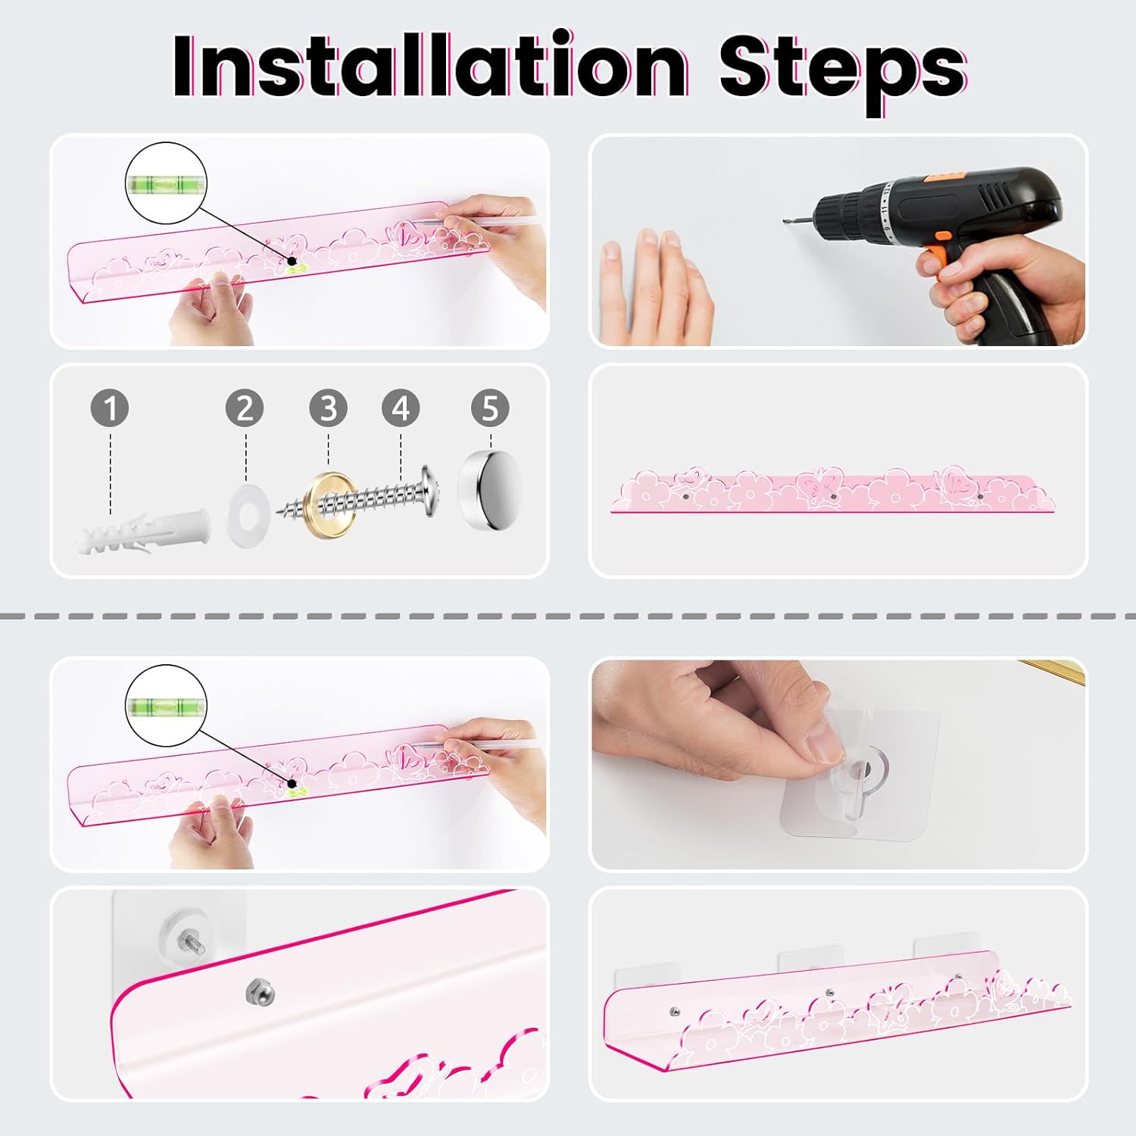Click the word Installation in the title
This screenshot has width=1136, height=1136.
click(430, 66)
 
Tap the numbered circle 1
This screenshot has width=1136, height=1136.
click(110, 408)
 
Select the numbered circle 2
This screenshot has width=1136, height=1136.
click(245, 408)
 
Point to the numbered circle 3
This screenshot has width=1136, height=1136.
click(328, 408)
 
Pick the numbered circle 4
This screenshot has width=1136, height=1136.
click(401, 408)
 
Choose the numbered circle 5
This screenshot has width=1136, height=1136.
click(490, 408)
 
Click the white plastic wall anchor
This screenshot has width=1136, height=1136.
click(142, 531)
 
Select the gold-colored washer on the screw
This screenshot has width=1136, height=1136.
click(331, 506)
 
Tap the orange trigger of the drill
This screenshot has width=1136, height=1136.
click(936, 254)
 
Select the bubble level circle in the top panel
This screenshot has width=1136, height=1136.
click(166, 183)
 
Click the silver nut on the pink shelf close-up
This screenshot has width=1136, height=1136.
click(260, 991)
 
